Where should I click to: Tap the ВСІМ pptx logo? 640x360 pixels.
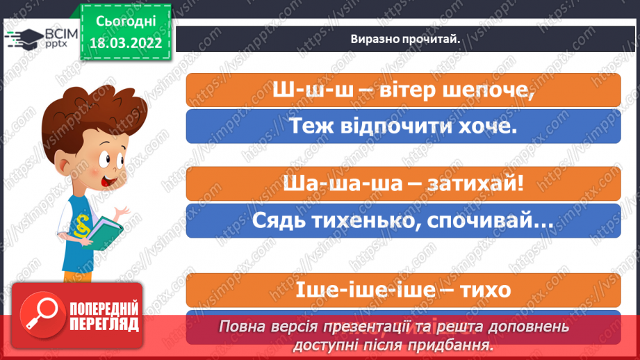[x=38, y=38]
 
